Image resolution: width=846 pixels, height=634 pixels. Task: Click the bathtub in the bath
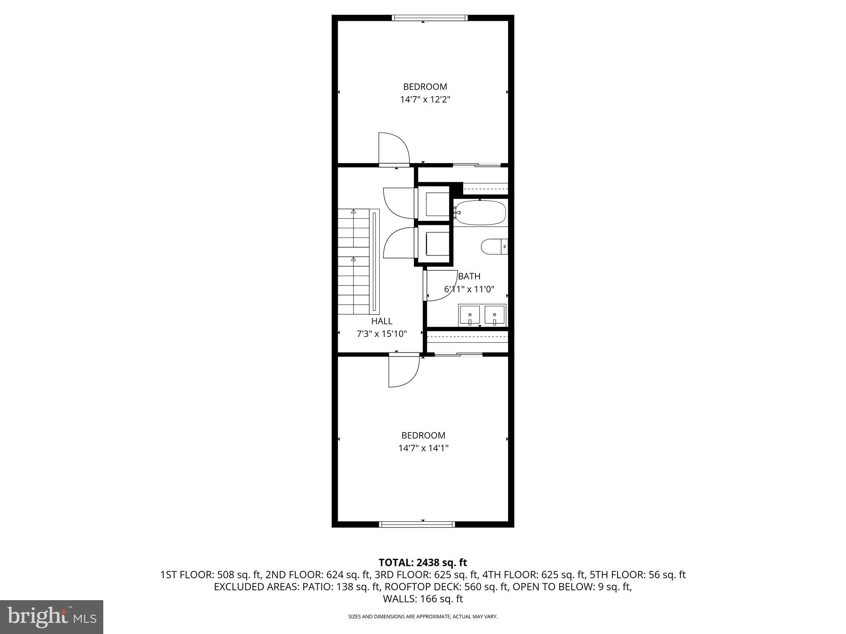point(480,213)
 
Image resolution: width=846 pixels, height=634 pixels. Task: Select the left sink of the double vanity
point(470,315)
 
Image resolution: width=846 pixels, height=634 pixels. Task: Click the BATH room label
point(469,277)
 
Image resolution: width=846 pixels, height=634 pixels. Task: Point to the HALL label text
point(382,321)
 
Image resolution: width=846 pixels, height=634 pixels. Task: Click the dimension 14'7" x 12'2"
point(425,99)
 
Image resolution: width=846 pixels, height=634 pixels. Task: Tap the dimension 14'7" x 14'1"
point(423,448)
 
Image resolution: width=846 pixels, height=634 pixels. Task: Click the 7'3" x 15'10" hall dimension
point(382,334)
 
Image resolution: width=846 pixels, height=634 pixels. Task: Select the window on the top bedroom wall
point(430,18)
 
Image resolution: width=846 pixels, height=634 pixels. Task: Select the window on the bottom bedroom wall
point(417,525)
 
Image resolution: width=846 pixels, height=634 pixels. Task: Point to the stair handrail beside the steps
point(375,261)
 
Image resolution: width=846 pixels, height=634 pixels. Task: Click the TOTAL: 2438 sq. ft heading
point(423,563)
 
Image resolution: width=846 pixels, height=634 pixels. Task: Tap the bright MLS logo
point(52,617)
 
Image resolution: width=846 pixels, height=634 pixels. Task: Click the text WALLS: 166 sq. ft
point(423,599)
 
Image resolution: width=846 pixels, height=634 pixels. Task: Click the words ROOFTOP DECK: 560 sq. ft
point(459,587)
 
